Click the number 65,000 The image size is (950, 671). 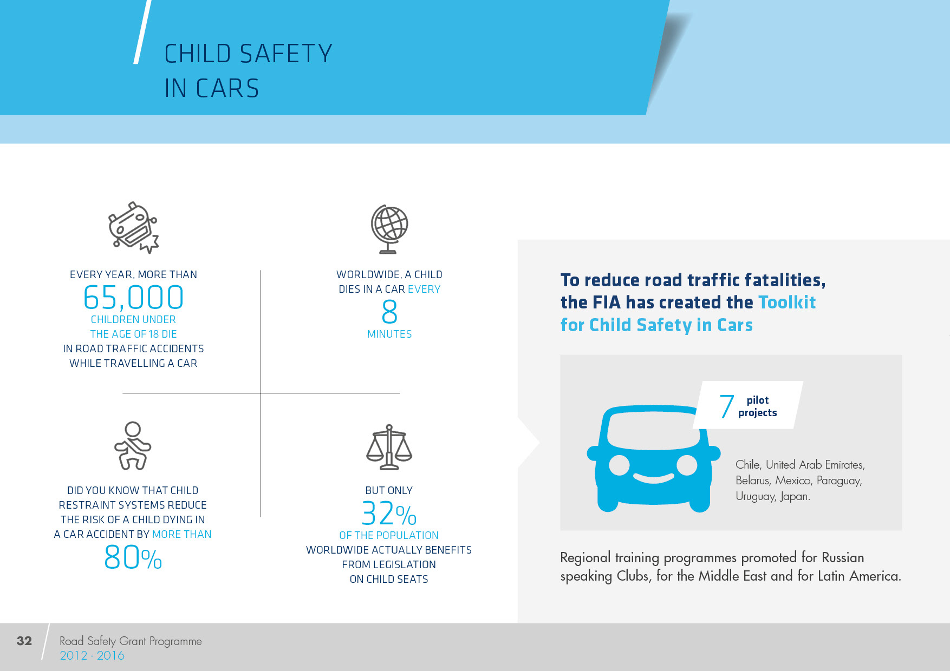click(133, 298)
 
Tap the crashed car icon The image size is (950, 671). click(133, 228)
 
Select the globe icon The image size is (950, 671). click(389, 229)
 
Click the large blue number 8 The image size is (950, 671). click(389, 312)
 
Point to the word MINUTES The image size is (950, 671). click(389, 334)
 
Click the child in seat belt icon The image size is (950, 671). click(133, 446)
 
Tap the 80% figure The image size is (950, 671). click(133, 558)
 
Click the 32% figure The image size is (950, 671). click(389, 514)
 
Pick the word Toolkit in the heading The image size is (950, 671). click(787, 302)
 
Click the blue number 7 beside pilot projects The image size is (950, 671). click(726, 407)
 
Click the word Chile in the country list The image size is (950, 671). click(748, 465)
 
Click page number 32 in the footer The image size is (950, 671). click(24, 641)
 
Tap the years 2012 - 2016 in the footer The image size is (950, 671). click(92, 656)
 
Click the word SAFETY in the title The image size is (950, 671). click(286, 54)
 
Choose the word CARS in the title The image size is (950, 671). click(227, 89)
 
